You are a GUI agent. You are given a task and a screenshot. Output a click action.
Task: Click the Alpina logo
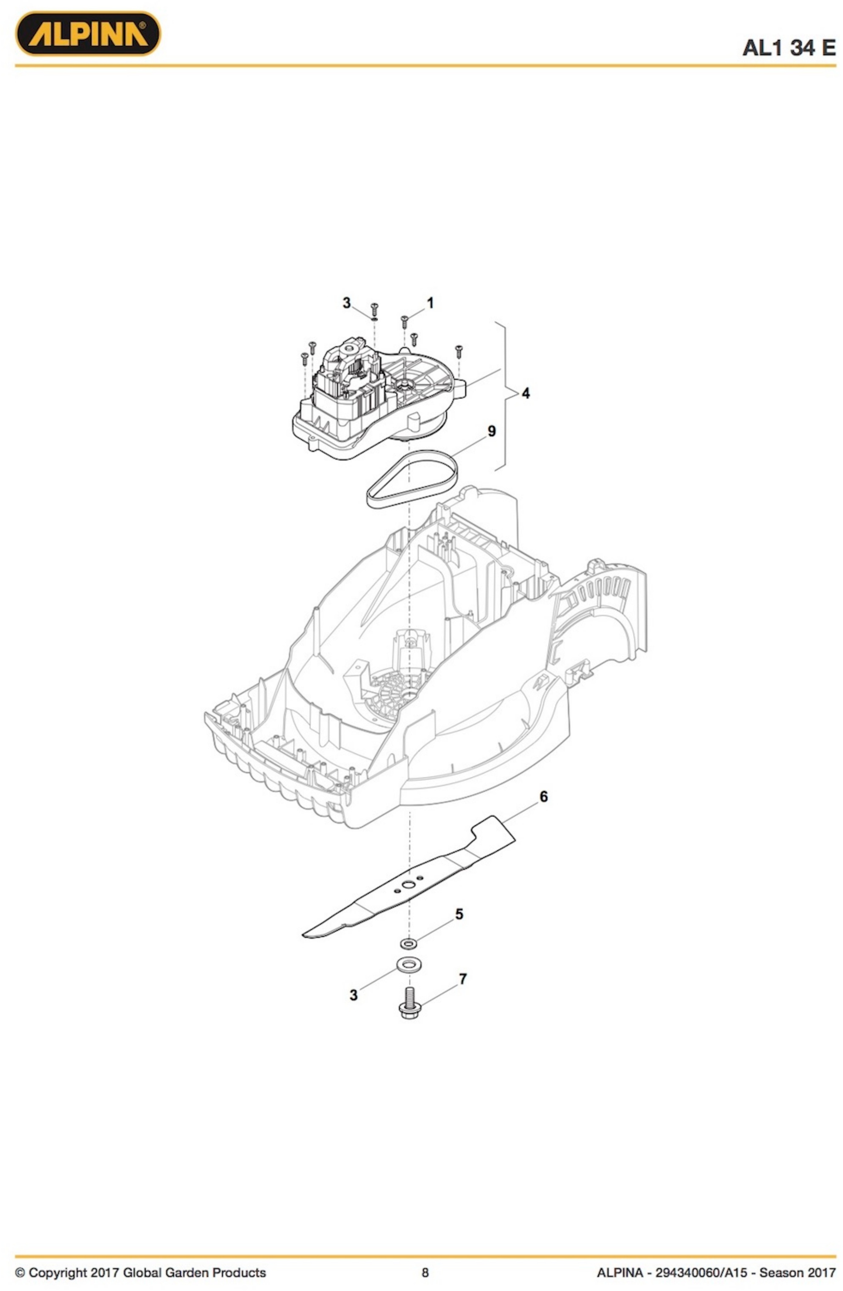(87, 34)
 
